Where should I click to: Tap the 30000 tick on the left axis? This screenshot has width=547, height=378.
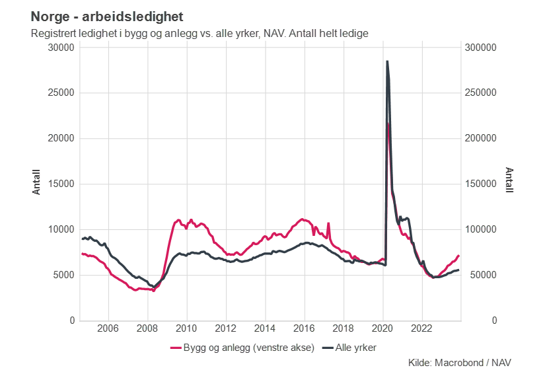(61, 48)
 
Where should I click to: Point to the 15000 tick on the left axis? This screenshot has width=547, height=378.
(61, 184)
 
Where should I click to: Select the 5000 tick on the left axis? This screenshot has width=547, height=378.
(63, 275)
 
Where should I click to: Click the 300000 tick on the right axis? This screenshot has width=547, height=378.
(482, 48)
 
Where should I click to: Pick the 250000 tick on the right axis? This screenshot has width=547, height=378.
(482, 93)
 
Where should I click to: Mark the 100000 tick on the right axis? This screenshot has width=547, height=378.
(482, 229)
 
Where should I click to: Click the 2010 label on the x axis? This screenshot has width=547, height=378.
(186, 328)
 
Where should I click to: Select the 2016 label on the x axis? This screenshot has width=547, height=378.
(304, 328)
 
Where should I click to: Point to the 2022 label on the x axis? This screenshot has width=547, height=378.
(422, 328)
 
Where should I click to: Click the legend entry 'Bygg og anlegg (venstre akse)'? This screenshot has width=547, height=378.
(240, 347)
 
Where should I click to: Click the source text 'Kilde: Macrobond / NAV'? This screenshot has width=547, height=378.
(460, 363)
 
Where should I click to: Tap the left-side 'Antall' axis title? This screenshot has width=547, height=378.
(37, 182)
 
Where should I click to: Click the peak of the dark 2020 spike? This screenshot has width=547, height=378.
(386, 61)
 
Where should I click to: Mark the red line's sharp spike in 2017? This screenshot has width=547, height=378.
(328, 223)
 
